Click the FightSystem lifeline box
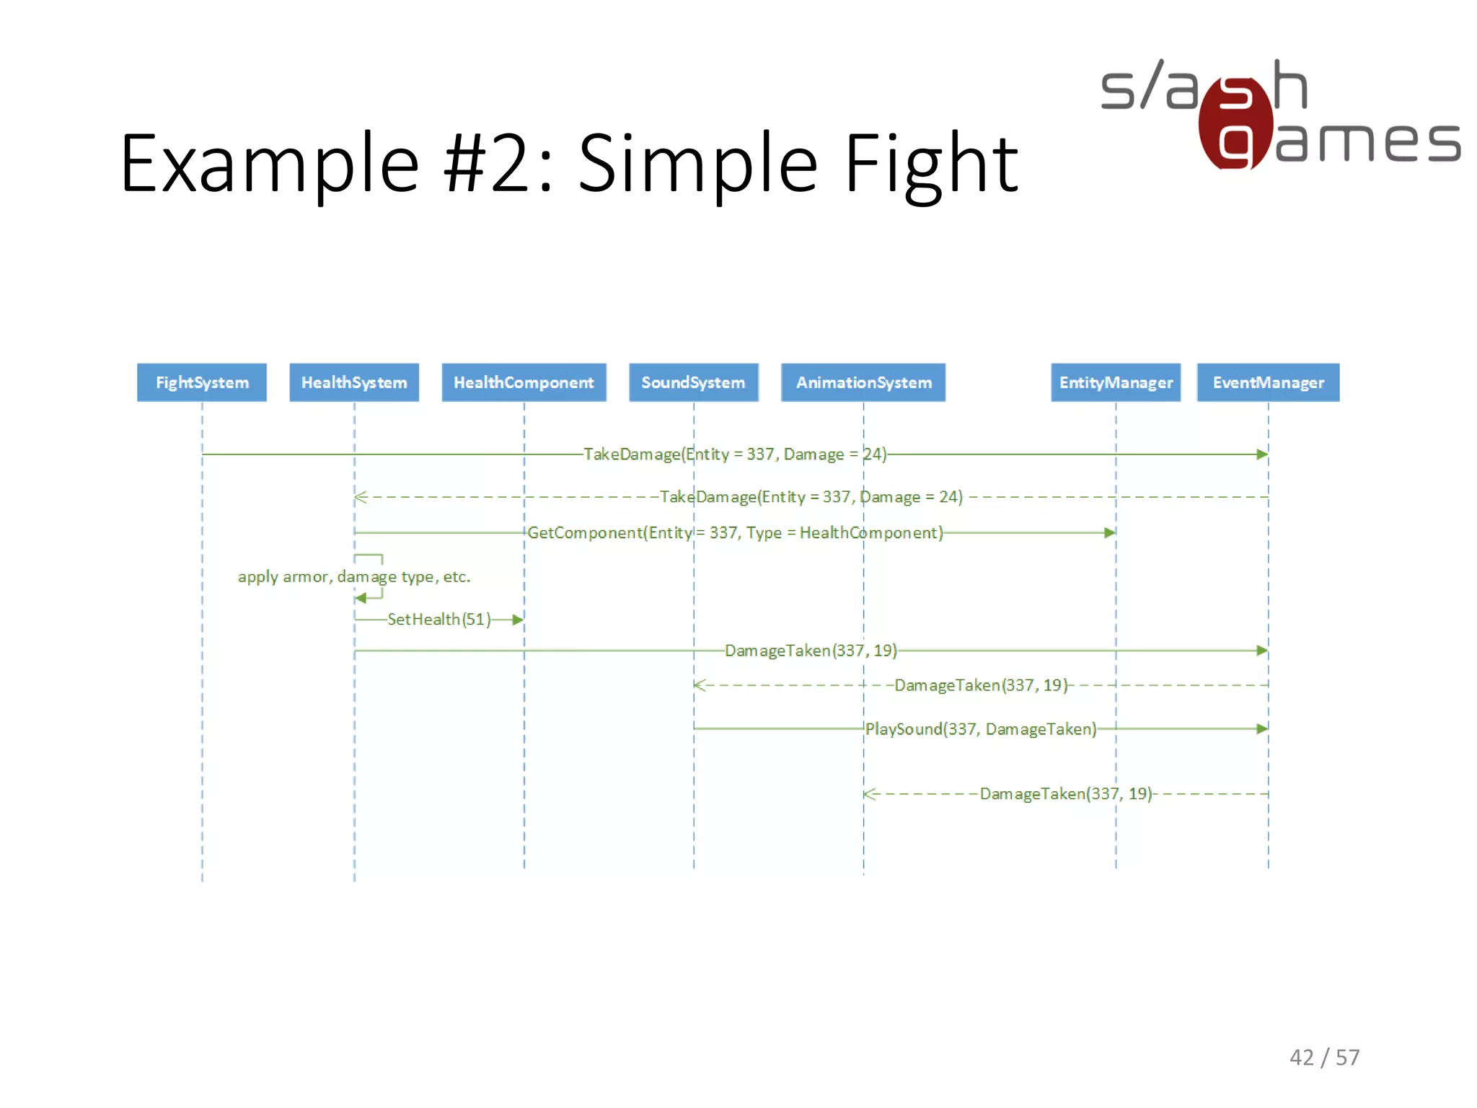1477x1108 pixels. point(202,382)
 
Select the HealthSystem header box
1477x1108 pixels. point(354,382)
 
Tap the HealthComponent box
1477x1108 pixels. point(524,382)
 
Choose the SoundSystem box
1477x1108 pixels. point(693,382)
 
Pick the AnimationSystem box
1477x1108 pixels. point(863,382)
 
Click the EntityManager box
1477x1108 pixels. point(1116,382)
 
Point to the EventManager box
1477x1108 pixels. point(1268,382)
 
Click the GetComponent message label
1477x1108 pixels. point(735,533)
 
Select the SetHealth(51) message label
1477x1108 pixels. point(438,620)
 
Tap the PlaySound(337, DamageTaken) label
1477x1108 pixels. point(980,729)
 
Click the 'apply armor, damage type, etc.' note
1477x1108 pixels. point(353,577)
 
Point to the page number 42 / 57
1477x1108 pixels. point(1324,1058)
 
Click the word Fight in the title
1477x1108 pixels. point(930,164)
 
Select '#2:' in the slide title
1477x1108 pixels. point(498,164)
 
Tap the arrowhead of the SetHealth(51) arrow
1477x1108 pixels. point(518,620)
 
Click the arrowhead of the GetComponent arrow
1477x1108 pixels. point(1110,533)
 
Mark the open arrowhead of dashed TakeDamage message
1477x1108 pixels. point(361,497)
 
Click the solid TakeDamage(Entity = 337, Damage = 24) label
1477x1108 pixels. point(735,454)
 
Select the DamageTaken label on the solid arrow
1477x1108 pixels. point(811,651)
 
